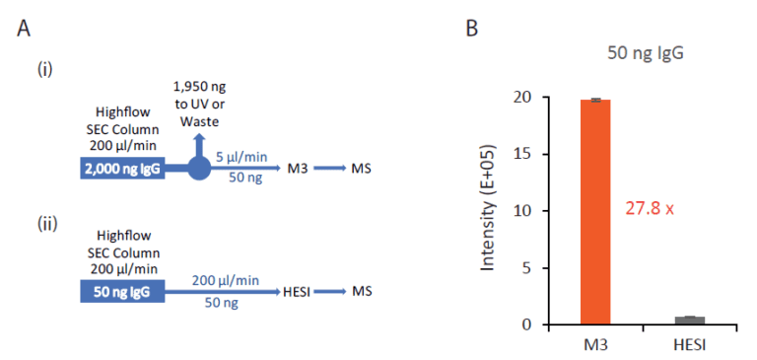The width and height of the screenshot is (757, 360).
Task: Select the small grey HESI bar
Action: [689, 320]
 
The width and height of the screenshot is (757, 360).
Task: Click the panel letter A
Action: [26, 29]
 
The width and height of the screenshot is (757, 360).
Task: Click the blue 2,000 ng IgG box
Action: [122, 169]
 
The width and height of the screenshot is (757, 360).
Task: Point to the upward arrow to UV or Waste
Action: [200, 143]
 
